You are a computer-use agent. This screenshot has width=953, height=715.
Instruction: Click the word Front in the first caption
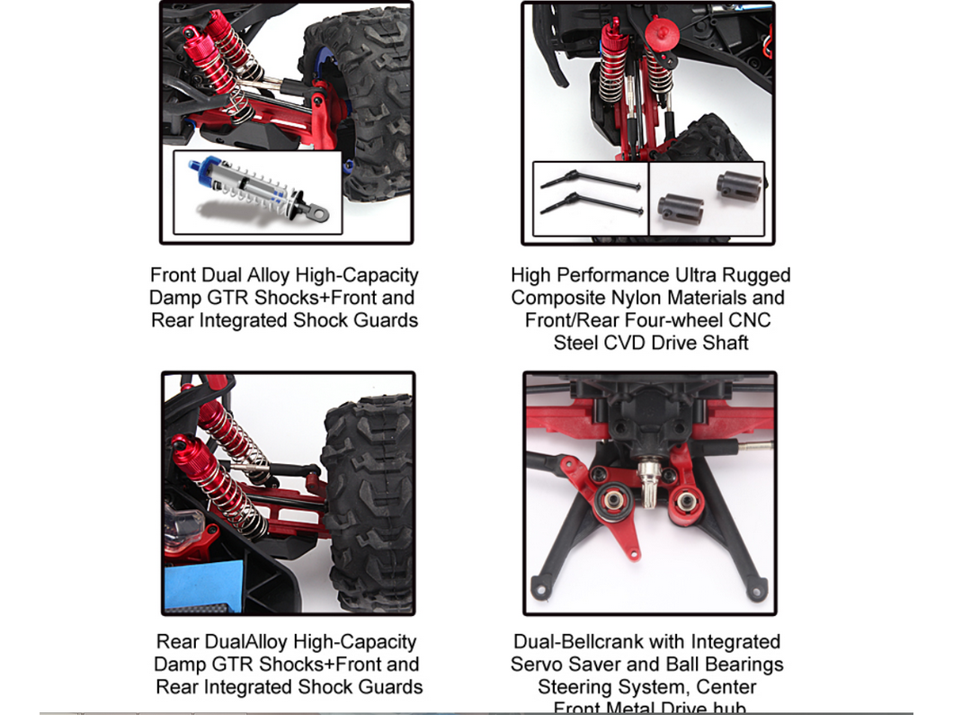coord(174,275)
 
